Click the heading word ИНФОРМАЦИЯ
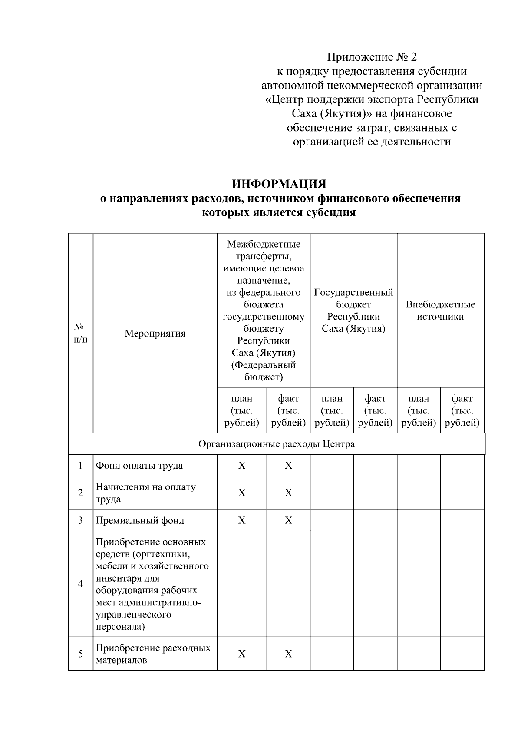tap(279, 184)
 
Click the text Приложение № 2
tap(372, 57)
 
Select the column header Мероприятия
tap(155, 334)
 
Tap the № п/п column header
tap(80, 333)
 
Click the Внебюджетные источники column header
tap(440, 310)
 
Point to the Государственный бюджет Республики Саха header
tap(353, 310)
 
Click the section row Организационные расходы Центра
tap(276, 444)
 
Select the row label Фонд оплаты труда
tap(139, 466)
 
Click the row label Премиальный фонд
tap(140, 520)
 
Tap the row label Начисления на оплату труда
tap(145, 492)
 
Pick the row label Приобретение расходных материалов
tap(153, 654)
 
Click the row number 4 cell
tap(80, 584)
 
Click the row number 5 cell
tap(80, 654)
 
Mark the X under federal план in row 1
tap(242, 466)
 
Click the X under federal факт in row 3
tap(288, 520)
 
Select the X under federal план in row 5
tap(242, 654)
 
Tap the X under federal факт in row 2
tap(288, 492)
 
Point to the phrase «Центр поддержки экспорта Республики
tap(372, 99)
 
